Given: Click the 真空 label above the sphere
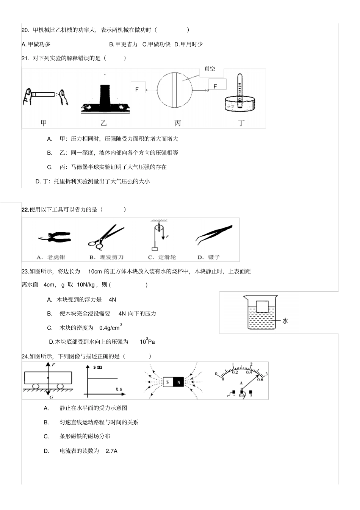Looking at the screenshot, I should coord(210,69).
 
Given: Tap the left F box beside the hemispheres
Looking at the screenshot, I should coord(137,89).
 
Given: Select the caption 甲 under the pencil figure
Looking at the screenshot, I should coord(44,123).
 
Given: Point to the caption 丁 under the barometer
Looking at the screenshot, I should coord(241,123).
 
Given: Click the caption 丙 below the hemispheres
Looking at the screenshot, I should coord(177,123).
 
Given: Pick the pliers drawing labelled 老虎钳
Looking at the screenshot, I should coord(54,238).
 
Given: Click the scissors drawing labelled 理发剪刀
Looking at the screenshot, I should coord(105,237).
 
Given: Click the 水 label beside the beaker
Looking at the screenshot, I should coord(285,321).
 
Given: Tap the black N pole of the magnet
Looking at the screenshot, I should coord(178,382).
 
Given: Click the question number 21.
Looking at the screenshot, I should coord(25,58).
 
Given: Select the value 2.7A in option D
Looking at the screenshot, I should coord(111,451).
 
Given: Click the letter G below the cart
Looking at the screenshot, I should coord(51,397).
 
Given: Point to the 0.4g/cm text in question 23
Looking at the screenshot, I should coord(109,328).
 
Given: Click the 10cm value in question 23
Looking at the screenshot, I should coord(95,271).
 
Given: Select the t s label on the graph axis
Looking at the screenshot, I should coord(119,389).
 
